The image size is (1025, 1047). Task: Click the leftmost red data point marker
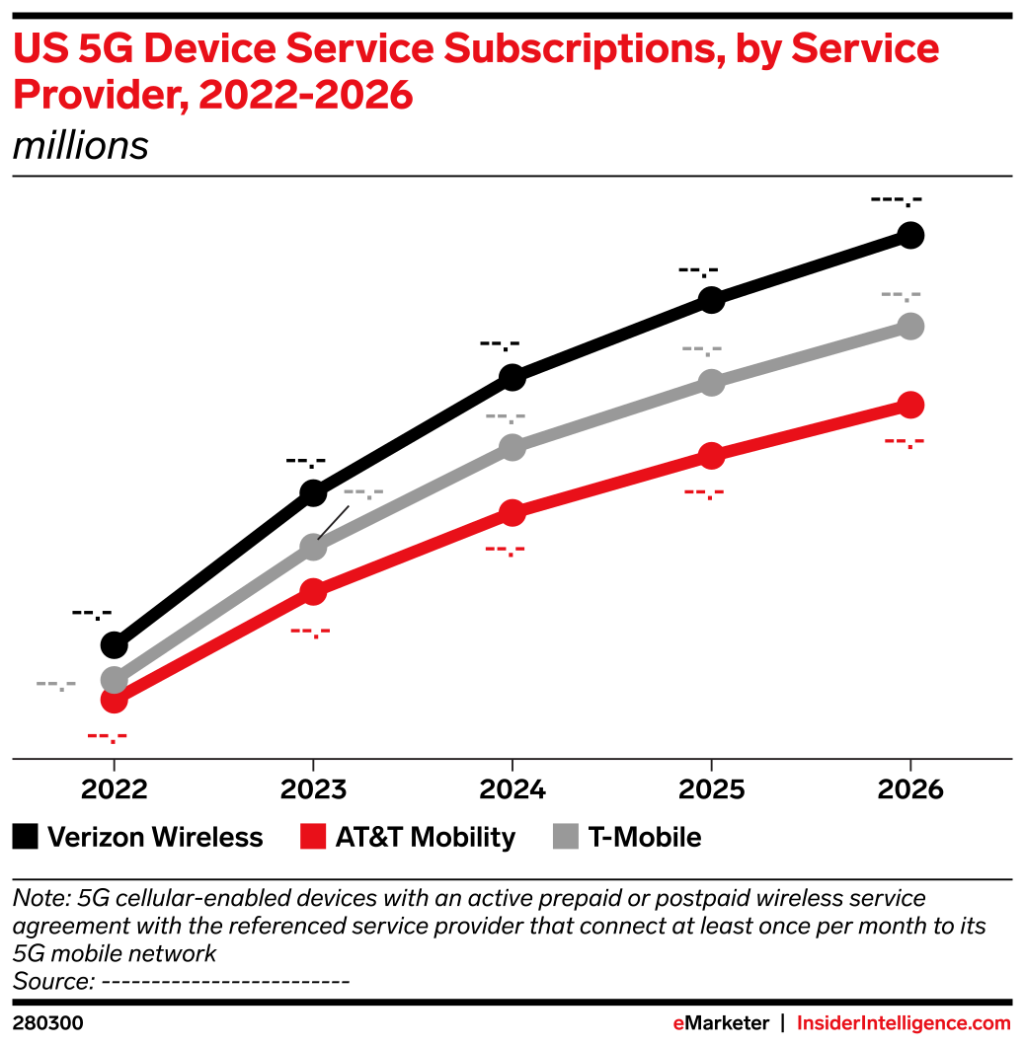[x=114, y=701]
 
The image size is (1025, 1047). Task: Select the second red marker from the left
[x=313, y=592]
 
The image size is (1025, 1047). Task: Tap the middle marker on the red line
[x=512, y=512]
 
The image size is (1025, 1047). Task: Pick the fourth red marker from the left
[x=711, y=455]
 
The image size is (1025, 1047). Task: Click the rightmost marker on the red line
[x=910, y=405]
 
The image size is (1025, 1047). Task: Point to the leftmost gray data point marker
[x=114, y=679]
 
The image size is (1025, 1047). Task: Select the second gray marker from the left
[x=313, y=547]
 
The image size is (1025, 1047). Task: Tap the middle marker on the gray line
[x=512, y=447]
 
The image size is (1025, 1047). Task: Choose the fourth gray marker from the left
[x=711, y=383]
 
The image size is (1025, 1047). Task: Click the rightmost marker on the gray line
[x=910, y=326]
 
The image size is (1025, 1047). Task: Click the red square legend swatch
[x=313, y=836]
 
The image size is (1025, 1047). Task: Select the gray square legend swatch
[x=565, y=836]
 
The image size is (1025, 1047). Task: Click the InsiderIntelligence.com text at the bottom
[x=904, y=1023]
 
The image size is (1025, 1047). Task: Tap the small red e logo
[x=678, y=1024]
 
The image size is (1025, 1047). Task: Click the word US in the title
[x=38, y=49]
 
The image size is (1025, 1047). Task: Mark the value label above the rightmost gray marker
[x=901, y=295]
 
